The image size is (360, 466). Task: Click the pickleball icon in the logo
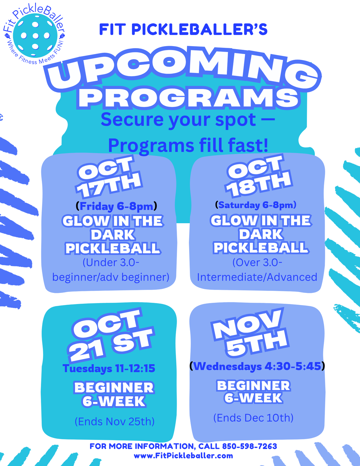pos(35,35)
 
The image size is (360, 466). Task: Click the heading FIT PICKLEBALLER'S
pos(183,29)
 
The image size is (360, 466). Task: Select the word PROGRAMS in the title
pos(189,98)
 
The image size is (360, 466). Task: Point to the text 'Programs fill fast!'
pos(188,145)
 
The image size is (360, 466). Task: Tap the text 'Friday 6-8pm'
pos(116,206)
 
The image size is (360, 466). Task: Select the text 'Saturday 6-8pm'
pos(256,205)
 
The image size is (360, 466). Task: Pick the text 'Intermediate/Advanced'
pos(257,277)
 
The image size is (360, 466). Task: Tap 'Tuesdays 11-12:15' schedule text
pos(109,368)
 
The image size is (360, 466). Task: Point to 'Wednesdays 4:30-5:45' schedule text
pos(257,366)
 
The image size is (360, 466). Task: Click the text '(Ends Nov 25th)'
pos(115,421)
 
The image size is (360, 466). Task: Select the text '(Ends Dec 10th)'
pos(253,418)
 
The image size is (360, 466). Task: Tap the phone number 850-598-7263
pos(249,446)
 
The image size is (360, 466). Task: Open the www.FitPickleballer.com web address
pos(183,456)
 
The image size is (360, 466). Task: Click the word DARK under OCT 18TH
pos(261,234)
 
